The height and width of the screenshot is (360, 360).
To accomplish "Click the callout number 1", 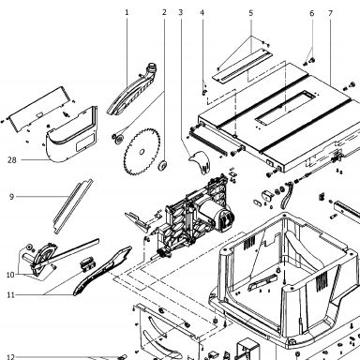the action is pyautogui.click(x=127, y=12).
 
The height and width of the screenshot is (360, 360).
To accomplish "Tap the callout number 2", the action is pyautogui.click(x=164, y=12).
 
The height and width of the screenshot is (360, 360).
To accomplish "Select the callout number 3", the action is pyautogui.click(x=181, y=12).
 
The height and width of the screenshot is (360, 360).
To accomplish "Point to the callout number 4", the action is pyautogui.click(x=202, y=13).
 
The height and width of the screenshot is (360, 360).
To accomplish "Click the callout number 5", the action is pyautogui.click(x=251, y=13).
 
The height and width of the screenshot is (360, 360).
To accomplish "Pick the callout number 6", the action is pyautogui.click(x=312, y=13).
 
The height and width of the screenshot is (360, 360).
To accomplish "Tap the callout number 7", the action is pyautogui.click(x=331, y=13).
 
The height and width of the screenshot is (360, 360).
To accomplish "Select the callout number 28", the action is pyautogui.click(x=12, y=160).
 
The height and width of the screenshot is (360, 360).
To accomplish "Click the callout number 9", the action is pyautogui.click(x=11, y=197).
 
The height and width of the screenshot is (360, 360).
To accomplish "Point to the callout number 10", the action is pyautogui.click(x=10, y=275).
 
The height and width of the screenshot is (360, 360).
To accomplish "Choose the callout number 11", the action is pyautogui.click(x=11, y=295).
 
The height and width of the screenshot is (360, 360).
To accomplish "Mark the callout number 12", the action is pyautogui.click(x=10, y=357).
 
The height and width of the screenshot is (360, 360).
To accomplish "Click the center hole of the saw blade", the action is pyautogui.click(x=142, y=152).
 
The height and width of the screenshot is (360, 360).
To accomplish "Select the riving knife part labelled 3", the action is pyautogui.click(x=200, y=161).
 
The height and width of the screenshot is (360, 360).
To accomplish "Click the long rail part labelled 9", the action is pyautogui.click(x=73, y=206).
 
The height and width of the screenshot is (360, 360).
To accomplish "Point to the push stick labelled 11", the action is pyautogui.click(x=103, y=270).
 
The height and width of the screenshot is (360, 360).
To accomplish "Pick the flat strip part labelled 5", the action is pyautogui.click(x=242, y=67).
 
